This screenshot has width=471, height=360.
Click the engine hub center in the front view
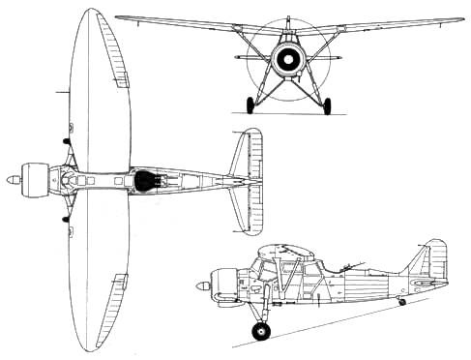pos(287,61)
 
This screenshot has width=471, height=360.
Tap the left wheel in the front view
pos(251,105)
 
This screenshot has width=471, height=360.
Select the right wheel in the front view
pos(326,105)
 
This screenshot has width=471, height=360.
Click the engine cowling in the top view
pos(36,179)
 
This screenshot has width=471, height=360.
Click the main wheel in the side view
pos(260,332)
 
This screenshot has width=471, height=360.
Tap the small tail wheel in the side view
pos(402,302)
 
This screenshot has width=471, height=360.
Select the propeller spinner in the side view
pos(201,285)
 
